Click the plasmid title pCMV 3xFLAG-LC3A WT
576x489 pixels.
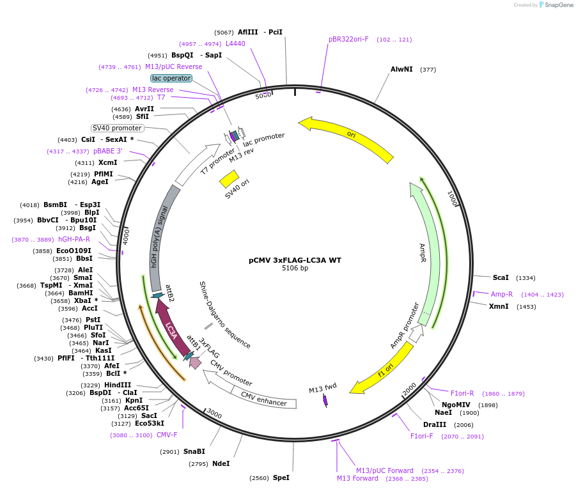(x=295, y=260)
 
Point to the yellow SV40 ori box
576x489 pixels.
(x=229, y=179)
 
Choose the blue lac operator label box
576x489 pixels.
(x=171, y=78)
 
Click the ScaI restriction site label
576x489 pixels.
(x=501, y=277)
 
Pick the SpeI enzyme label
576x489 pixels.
(x=281, y=477)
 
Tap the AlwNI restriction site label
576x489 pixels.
(x=401, y=69)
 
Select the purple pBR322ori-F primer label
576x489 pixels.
(x=348, y=39)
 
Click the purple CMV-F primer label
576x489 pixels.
(x=167, y=435)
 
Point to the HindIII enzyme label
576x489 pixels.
(x=118, y=385)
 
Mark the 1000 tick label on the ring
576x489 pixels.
(x=452, y=198)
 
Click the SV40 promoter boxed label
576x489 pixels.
(x=117, y=128)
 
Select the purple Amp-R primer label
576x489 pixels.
(x=502, y=294)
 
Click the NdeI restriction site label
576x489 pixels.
(x=221, y=463)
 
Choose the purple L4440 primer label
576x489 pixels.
(x=235, y=43)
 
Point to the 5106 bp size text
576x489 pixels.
(x=295, y=268)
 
